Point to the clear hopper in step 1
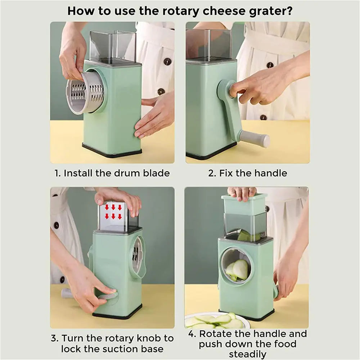click(x=112, y=45)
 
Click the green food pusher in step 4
click(x=244, y=204)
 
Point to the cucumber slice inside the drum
click(x=237, y=269)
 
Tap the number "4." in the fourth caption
click(x=193, y=334)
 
